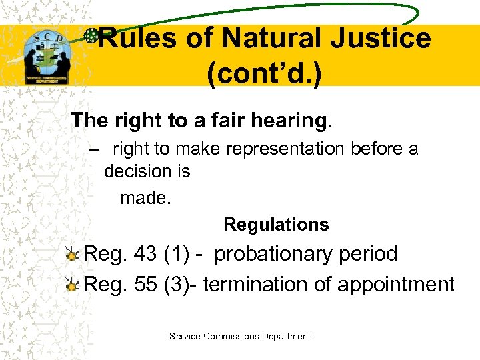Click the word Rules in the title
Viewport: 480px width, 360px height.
tap(138, 39)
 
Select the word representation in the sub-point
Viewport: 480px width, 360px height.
tap(287, 149)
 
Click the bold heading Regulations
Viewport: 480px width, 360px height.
tap(276, 225)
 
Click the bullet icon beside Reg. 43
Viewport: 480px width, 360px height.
tap(71, 255)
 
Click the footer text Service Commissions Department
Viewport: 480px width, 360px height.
tap(240, 337)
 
